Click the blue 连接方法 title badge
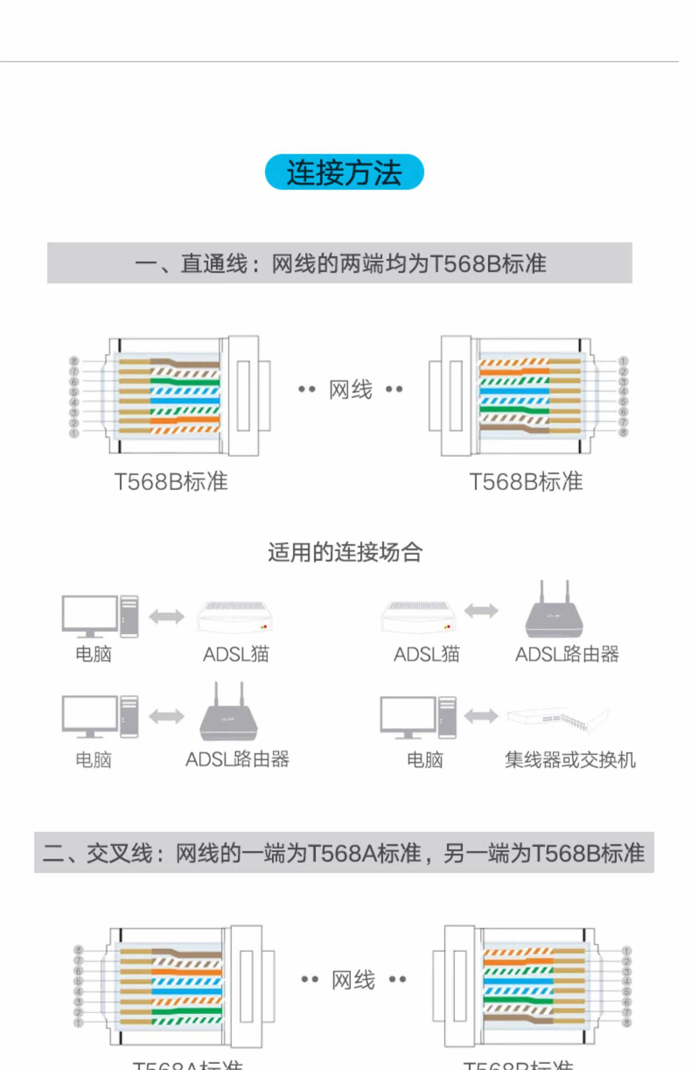pyautogui.click(x=344, y=172)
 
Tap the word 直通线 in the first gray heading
pyautogui.click(x=214, y=264)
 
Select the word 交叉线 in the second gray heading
pyautogui.click(x=119, y=853)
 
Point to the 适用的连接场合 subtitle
pyautogui.click(x=345, y=552)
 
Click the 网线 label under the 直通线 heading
pyautogui.click(x=351, y=390)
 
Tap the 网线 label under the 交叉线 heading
pyautogui.click(x=353, y=979)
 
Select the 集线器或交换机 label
pyautogui.click(x=570, y=760)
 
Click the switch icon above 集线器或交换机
pyautogui.click(x=558, y=718)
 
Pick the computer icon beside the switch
pyautogui.click(x=418, y=717)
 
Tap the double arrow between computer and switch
pyautogui.click(x=481, y=716)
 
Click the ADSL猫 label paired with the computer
pyautogui.click(x=236, y=654)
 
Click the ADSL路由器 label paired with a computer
pyautogui.click(x=237, y=760)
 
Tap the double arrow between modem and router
pyautogui.click(x=481, y=611)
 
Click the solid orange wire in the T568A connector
pyautogui.click(x=187, y=971)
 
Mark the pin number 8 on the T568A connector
pyautogui.click(x=78, y=950)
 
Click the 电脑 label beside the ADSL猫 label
pyautogui.click(x=94, y=654)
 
